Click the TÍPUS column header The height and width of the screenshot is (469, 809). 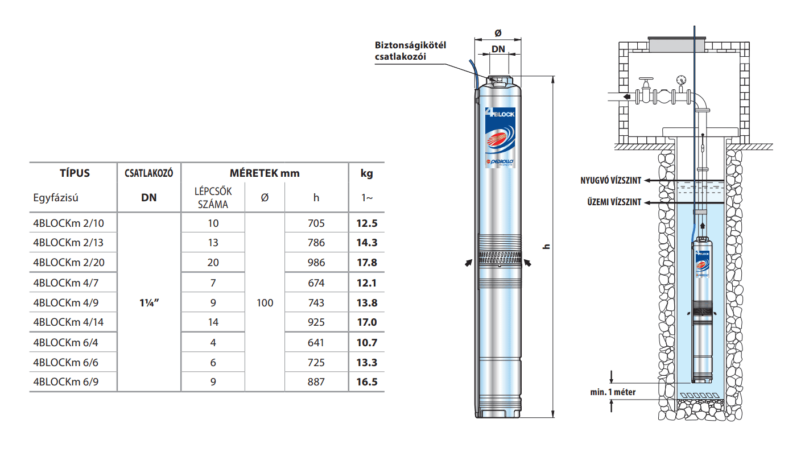[x=75, y=173]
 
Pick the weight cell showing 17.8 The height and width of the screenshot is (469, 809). [x=366, y=263]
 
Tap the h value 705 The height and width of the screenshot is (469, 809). [x=316, y=223]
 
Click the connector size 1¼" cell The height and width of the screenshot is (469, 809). [x=148, y=302]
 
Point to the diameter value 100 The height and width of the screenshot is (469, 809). [x=265, y=302]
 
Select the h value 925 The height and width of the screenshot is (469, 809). [x=316, y=322]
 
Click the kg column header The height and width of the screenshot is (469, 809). [x=366, y=173]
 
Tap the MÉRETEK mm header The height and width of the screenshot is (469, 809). [x=265, y=173]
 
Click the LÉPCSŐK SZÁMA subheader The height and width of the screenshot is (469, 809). [x=213, y=198]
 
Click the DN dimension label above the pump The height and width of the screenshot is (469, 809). [x=498, y=49]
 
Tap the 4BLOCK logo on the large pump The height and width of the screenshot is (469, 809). [x=500, y=113]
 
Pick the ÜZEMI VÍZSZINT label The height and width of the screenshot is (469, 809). [x=613, y=202]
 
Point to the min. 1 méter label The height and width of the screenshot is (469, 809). [x=613, y=392]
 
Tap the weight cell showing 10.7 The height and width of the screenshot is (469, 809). [x=366, y=342]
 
